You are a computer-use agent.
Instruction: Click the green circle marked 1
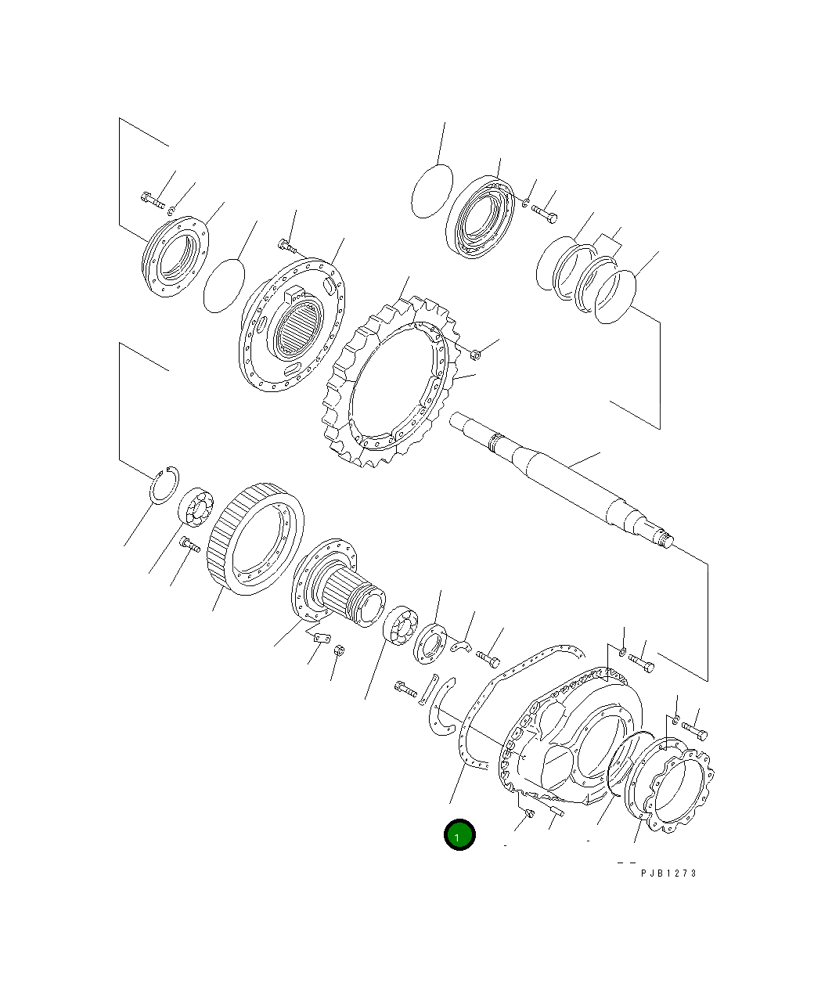pos(459,835)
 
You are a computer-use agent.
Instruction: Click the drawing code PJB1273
pos(668,873)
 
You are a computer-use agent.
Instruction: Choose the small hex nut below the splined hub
pos(339,651)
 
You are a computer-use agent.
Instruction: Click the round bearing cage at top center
pos(480,217)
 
